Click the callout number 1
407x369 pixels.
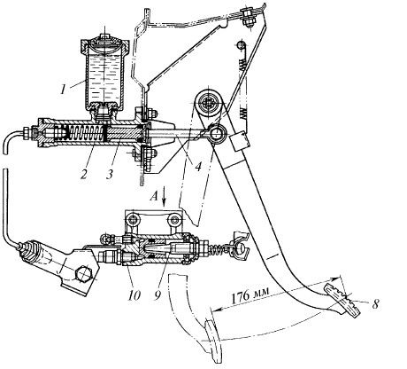pos(63,88)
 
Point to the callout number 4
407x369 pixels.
pos(198,166)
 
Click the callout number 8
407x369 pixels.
pos(375,303)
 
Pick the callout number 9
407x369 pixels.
pos(158,294)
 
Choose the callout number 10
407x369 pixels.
pos(134,294)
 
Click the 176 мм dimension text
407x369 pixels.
pos(250,296)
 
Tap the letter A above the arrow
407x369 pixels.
pos(155,196)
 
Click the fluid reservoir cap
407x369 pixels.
pos(105,43)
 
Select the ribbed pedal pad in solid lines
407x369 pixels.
pos(342,300)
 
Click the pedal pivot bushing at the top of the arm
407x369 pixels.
pos(210,104)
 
